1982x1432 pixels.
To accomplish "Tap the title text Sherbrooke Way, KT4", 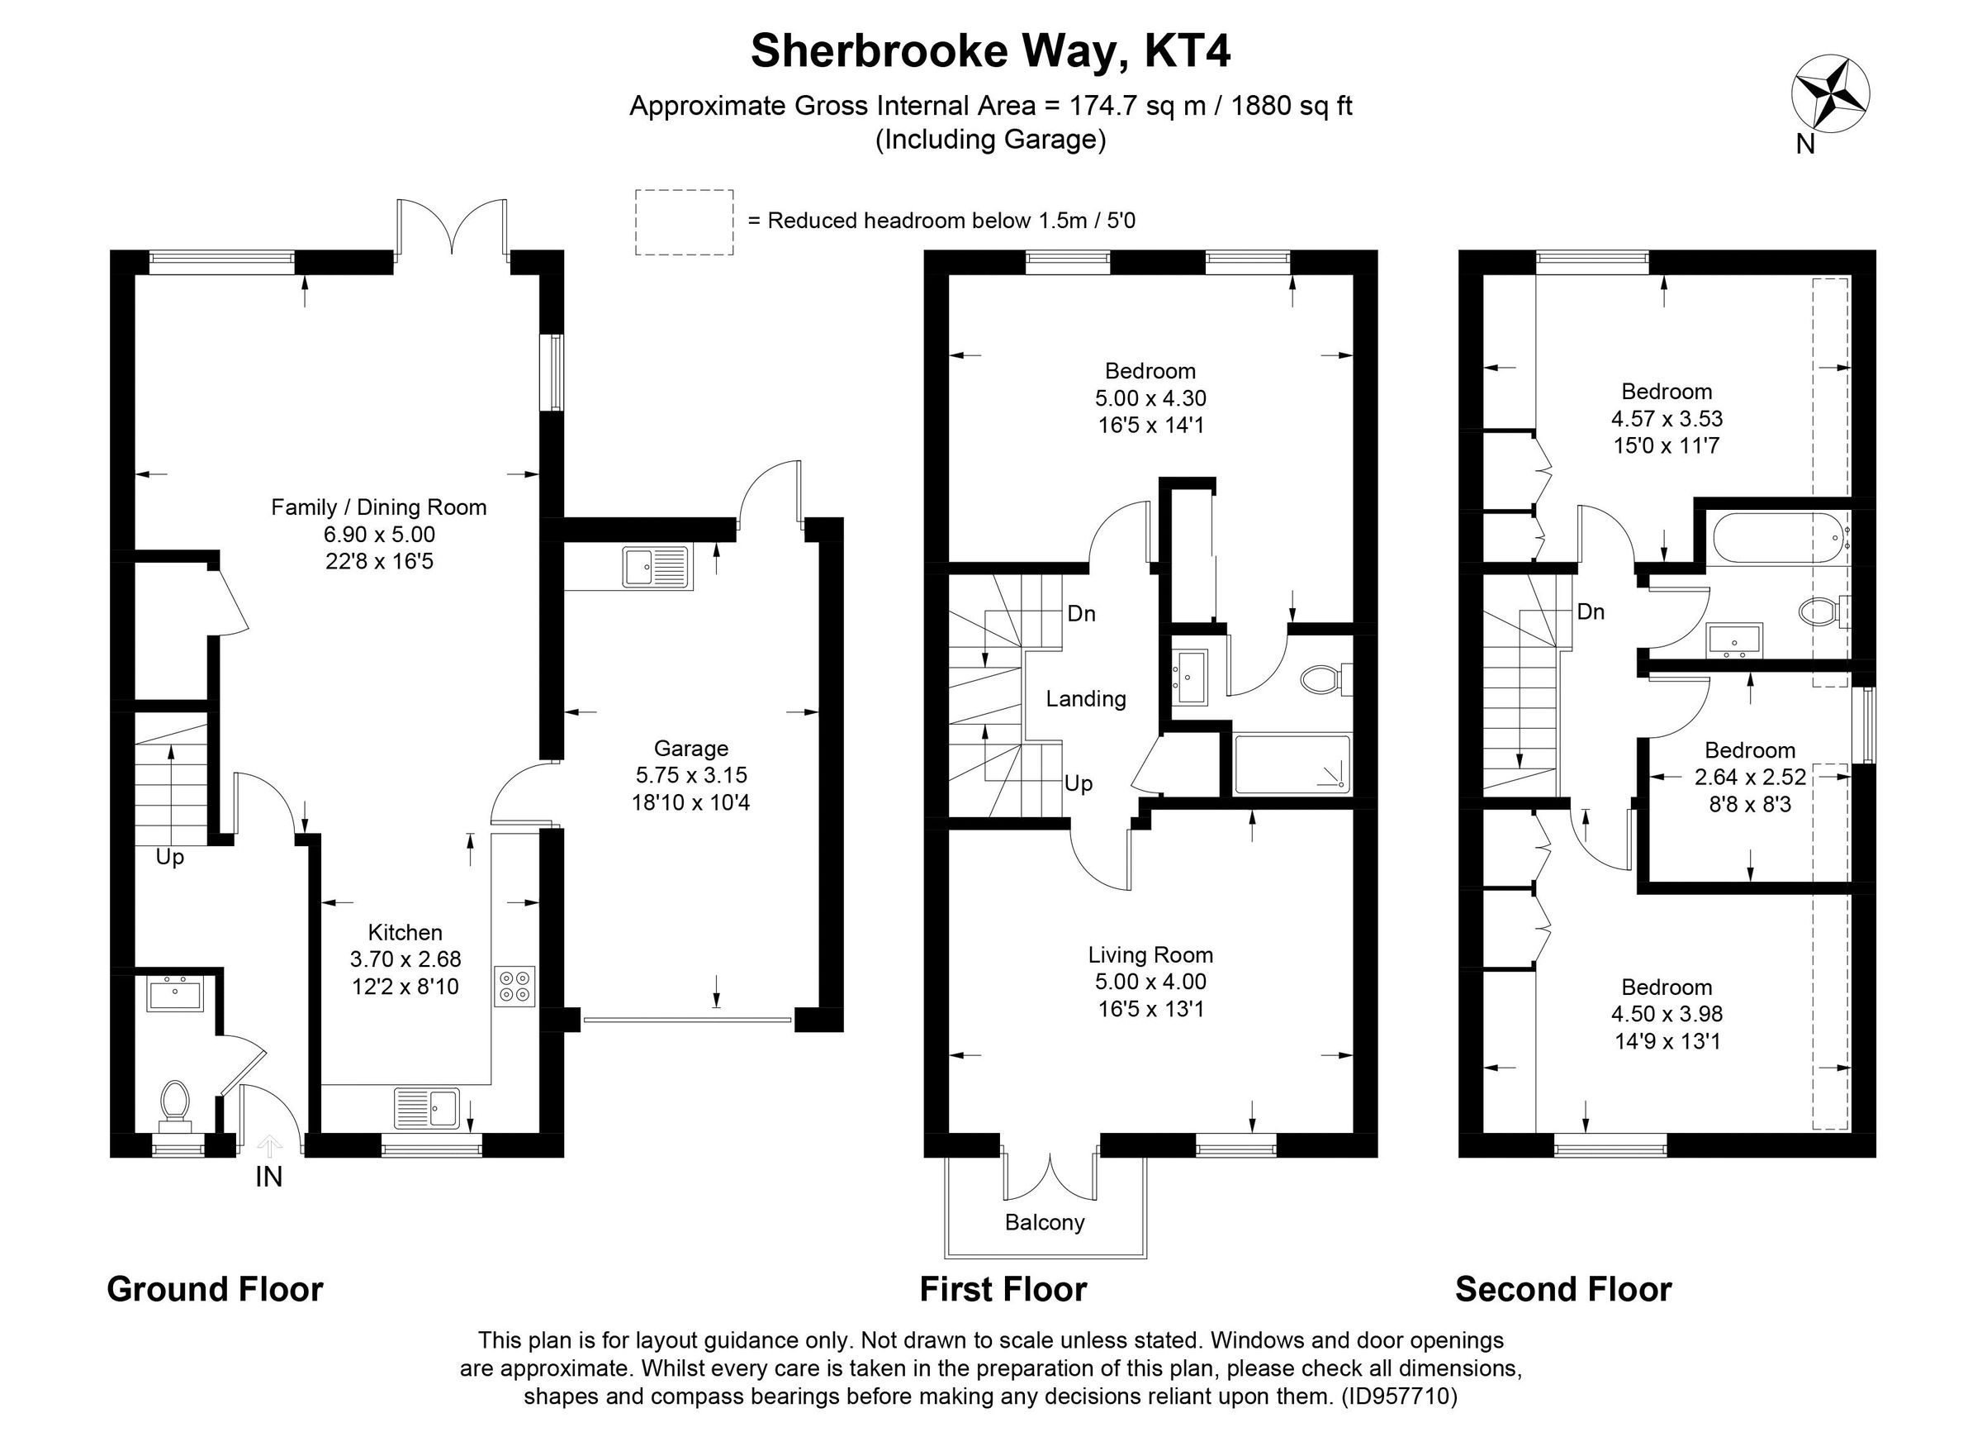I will (990, 50).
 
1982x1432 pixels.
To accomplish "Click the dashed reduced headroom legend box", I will (684, 222).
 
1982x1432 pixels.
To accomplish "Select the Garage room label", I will (690, 749).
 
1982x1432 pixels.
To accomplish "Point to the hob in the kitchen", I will (514, 986).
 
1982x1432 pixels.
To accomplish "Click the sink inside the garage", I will (657, 567).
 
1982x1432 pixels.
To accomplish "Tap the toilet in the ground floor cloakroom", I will (175, 1102).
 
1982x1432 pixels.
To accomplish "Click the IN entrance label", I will (268, 1177).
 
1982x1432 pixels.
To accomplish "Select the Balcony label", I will (1045, 1222).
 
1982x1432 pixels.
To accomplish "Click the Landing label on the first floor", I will (1085, 698).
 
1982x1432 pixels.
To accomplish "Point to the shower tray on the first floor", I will (1292, 765).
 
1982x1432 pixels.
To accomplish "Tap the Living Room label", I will (1150, 954).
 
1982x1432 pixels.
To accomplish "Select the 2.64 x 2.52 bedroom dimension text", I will (1750, 778).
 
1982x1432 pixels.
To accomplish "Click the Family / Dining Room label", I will (378, 507).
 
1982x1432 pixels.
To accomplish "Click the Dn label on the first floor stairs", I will (1081, 614).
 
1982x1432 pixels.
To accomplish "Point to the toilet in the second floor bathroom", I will (1819, 611).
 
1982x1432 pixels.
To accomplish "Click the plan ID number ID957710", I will (1399, 1396).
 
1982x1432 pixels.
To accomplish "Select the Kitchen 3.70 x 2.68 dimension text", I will (405, 959).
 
